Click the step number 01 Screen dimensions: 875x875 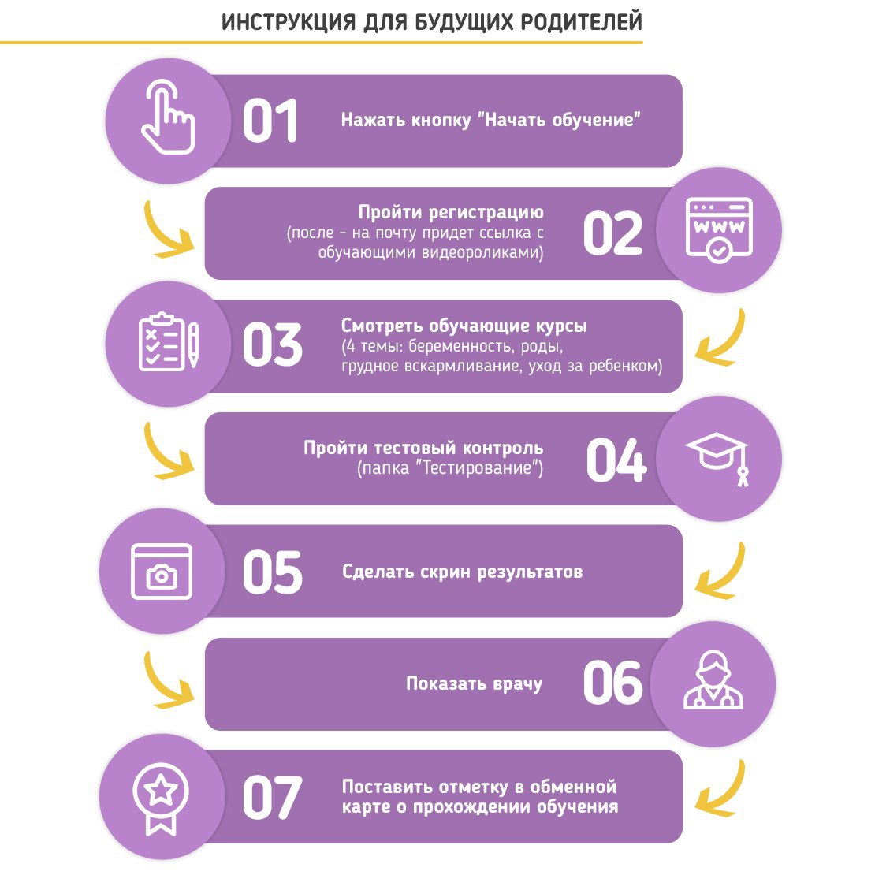pyautogui.click(x=270, y=121)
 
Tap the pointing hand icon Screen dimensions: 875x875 pyautogui.click(x=167, y=117)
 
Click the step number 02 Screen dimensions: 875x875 pyautogui.click(x=612, y=233)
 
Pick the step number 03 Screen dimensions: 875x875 pyautogui.click(x=272, y=345)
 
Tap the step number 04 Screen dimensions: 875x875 pyautogui.click(x=616, y=460)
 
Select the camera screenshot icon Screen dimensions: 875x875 pyautogui.click(x=162, y=571)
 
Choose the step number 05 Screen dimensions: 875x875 pyautogui.click(x=272, y=572)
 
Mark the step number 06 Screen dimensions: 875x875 pyautogui.click(x=612, y=683)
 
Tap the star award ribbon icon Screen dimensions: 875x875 pyautogui.click(x=161, y=799)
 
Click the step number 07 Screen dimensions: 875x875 pyautogui.click(x=272, y=798)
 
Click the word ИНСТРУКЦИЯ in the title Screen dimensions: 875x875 pyautogui.click(x=289, y=23)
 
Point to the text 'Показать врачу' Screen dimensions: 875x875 pyautogui.click(x=475, y=684)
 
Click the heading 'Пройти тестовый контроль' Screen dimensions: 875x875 pyautogui.click(x=423, y=448)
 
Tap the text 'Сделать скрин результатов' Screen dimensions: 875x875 pyautogui.click(x=463, y=572)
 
